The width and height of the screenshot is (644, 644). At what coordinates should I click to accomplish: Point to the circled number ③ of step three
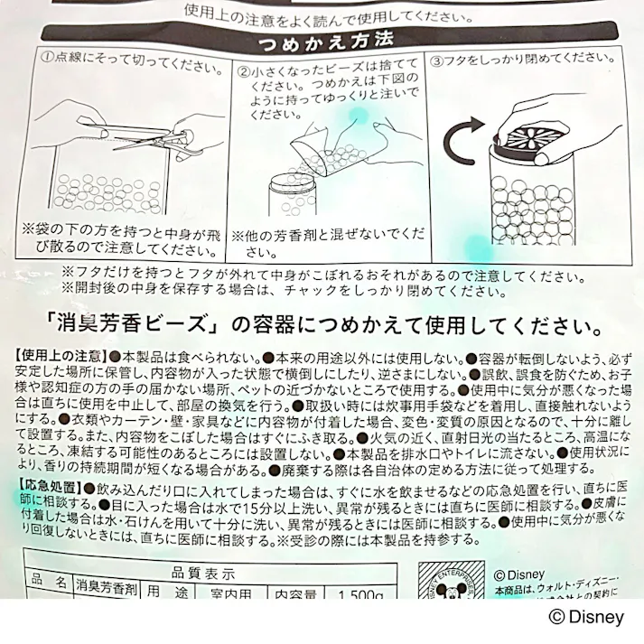(x=437, y=62)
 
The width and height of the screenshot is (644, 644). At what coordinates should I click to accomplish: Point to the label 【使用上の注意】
(x=60, y=354)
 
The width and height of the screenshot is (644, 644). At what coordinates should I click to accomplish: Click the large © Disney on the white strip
(x=586, y=618)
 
